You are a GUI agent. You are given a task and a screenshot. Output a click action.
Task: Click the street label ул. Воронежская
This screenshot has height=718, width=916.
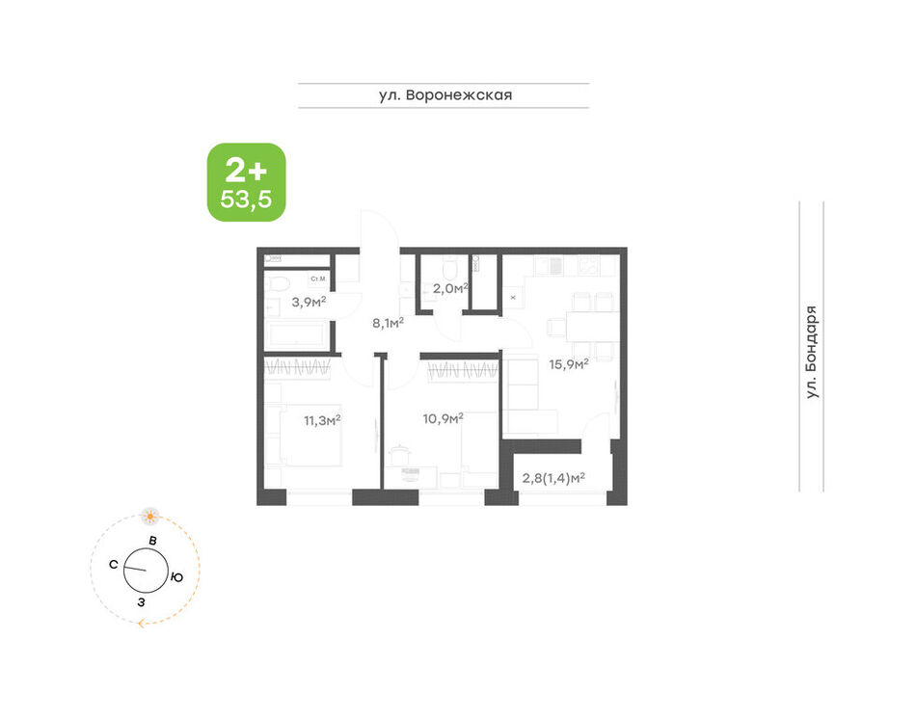pyautogui.click(x=445, y=94)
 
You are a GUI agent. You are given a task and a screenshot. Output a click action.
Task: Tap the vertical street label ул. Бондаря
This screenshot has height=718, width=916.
pyautogui.click(x=812, y=352)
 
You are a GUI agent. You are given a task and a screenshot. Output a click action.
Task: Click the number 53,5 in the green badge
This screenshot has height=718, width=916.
pyautogui.click(x=246, y=199)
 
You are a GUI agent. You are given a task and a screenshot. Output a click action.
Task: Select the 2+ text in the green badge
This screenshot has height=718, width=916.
pyautogui.click(x=246, y=171)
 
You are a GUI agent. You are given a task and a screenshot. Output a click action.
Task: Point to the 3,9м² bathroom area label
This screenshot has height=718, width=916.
pyautogui.click(x=309, y=302)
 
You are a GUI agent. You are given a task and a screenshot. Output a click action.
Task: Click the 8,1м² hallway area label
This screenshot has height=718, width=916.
pyautogui.click(x=389, y=322)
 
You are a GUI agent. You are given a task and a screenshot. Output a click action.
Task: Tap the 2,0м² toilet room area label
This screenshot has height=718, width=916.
pyautogui.click(x=450, y=288)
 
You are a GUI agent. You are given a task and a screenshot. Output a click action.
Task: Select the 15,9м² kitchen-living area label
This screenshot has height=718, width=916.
pyautogui.click(x=569, y=363)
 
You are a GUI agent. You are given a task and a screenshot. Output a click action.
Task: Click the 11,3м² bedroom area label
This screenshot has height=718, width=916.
pyautogui.click(x=322, y=419)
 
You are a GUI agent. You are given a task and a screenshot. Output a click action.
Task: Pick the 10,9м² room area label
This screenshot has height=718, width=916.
pyautogui.click(x=443, y=418)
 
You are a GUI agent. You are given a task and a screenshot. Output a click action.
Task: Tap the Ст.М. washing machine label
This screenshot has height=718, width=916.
pyautogui.click(x=318, y=279)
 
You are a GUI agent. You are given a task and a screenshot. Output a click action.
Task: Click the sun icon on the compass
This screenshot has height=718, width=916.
pyautogui.click(x=150, y=516)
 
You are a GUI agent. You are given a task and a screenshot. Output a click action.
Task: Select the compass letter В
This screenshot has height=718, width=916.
pyautogui.click(x=152, y=541)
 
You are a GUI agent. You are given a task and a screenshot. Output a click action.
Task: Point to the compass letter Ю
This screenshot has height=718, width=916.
pyautogui.click(x=177, y=577)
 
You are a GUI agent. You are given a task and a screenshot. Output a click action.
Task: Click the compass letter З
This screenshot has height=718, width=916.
pyautogui.click(x=141, y=601)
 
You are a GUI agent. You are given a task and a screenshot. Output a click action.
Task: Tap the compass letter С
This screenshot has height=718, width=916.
pyautogui.click(x=114, y=565)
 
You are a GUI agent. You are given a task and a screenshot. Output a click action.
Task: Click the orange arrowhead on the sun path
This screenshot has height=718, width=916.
pyautogui.click(x=142, y=624)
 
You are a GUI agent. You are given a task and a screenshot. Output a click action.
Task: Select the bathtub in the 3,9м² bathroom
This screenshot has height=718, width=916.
pyautogui.click(x=297, y=335)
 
